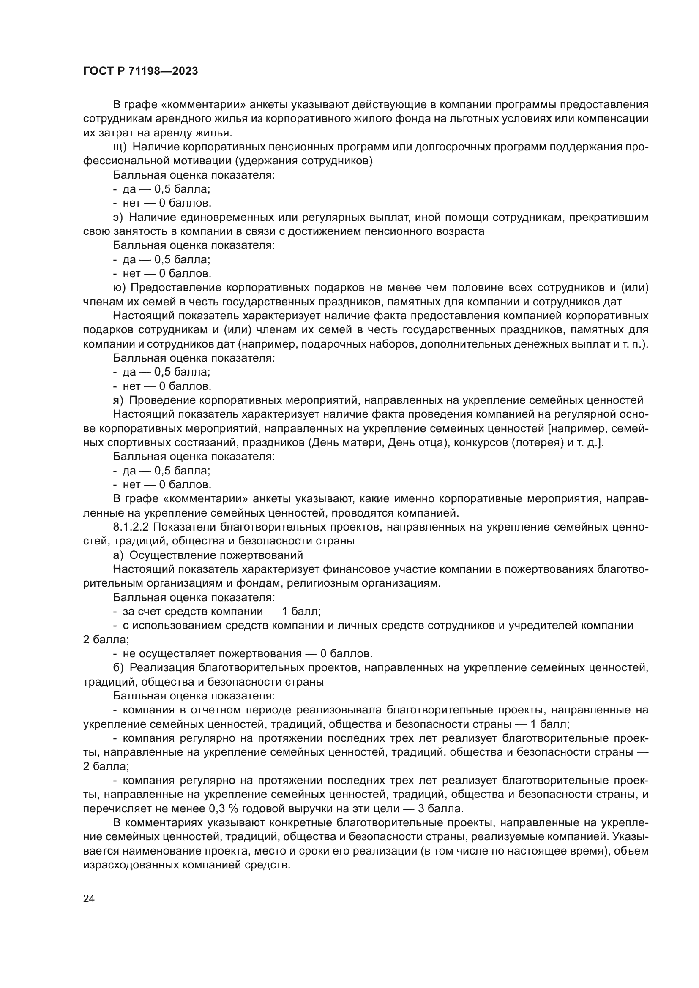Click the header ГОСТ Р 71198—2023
click(x=140, y=71)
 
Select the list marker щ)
click(x=120, y=147)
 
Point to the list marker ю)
click(x=119, y=288)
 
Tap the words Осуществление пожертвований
click(x=216, y=555)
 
